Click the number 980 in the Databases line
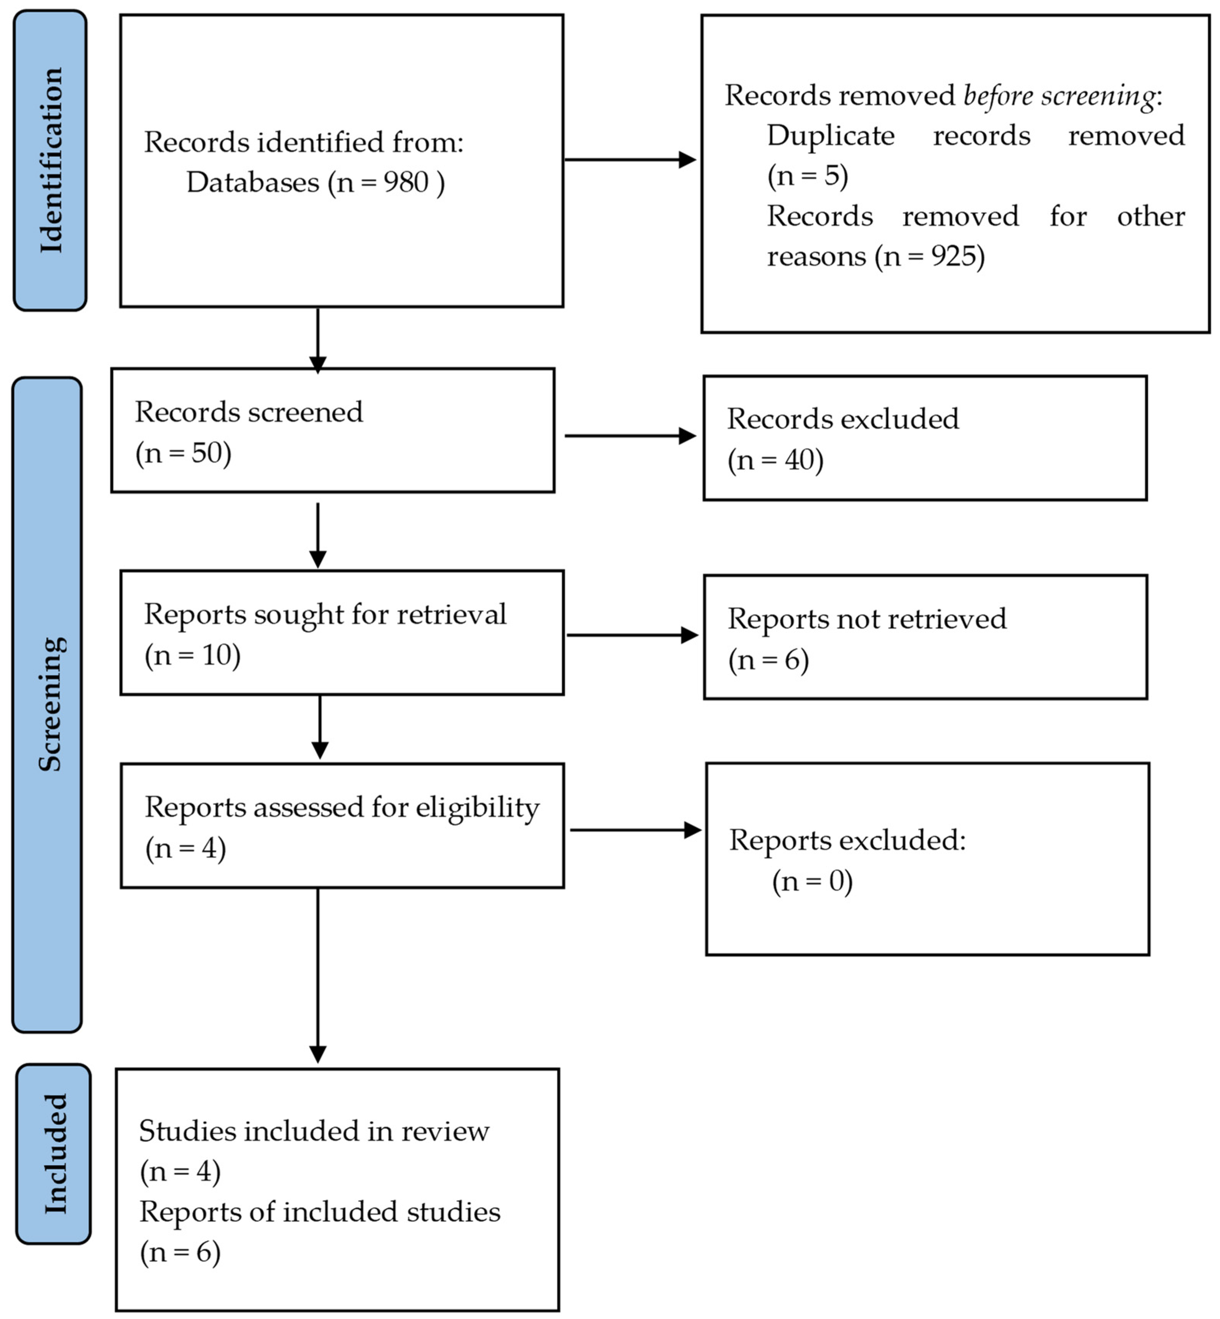406,182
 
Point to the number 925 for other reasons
955,256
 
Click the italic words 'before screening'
1059,96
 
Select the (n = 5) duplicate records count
808,176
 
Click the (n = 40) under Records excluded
775,460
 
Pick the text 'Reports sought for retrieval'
325,614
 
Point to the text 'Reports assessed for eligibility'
342,807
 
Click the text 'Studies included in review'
314,1132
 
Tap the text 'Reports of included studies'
319,1212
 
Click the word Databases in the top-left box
252,182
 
